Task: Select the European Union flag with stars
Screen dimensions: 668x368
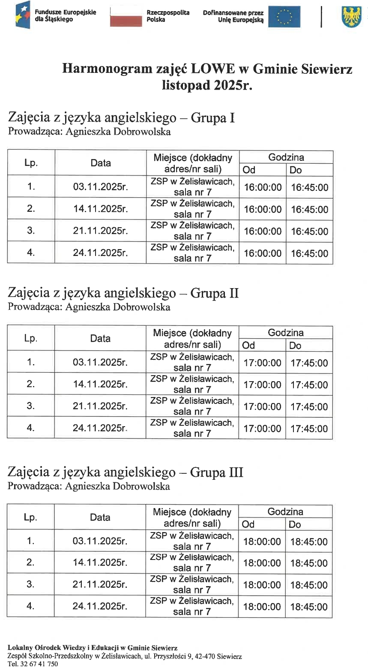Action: (284, 17)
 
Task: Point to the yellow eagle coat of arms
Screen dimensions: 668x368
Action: (351, 17)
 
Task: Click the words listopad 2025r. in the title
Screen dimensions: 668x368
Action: (207, 85)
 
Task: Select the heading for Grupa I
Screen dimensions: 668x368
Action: (121, 117)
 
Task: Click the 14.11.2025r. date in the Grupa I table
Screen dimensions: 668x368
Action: (100, 209)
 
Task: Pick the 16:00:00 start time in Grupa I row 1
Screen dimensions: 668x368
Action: (263, 187)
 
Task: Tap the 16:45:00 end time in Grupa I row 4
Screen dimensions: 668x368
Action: (309, 253)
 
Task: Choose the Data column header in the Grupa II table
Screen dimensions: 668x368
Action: (100, 338)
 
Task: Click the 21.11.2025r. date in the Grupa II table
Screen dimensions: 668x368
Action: (100, 406)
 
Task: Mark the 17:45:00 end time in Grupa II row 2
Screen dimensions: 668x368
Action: (309, 385)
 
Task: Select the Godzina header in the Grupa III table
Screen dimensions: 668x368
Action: (285, 512)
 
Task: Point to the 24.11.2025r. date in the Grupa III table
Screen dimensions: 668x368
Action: (100, 606)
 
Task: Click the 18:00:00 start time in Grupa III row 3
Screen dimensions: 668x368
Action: (262, 585)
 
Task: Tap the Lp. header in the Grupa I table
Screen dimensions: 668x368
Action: (31, 163)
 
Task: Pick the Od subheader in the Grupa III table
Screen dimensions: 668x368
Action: (248, 524)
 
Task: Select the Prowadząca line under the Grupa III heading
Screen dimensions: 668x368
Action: (89, 486)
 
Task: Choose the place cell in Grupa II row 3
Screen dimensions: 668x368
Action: (192, 406)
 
